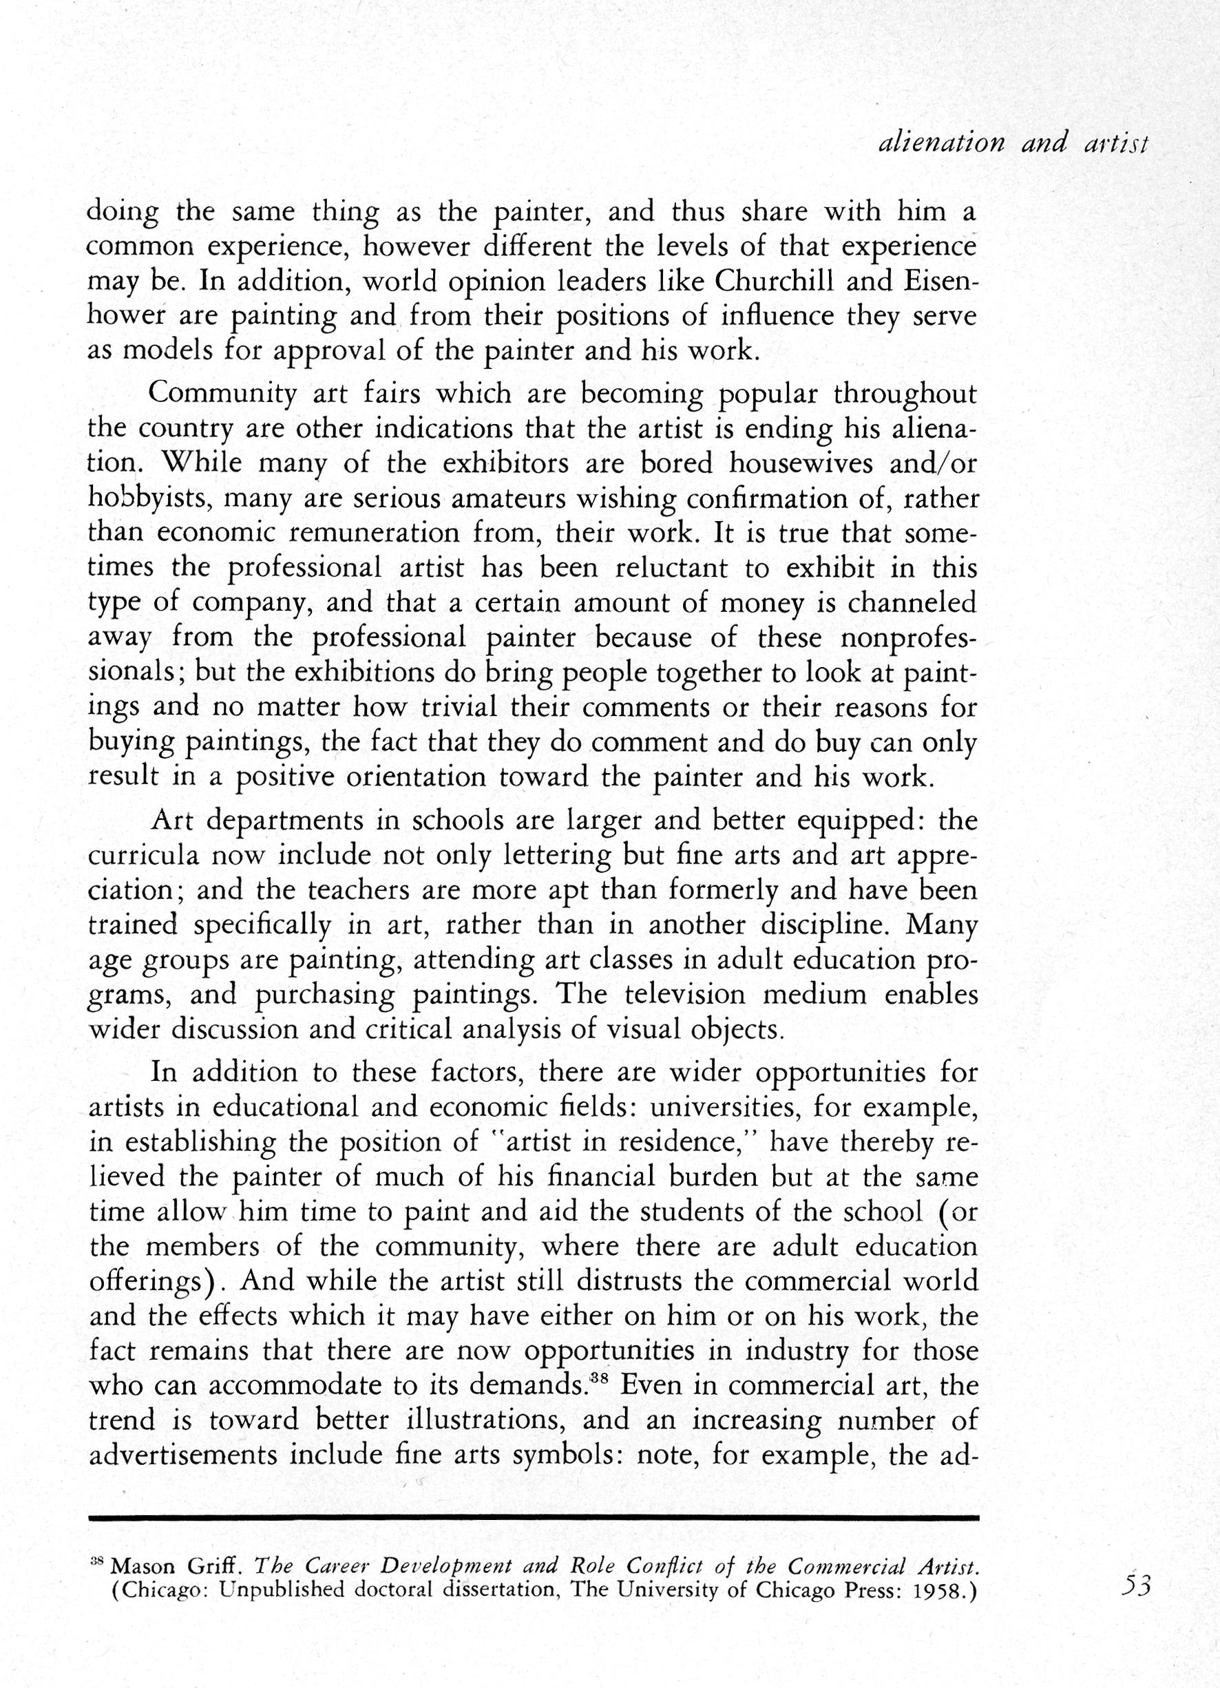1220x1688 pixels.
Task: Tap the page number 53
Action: [1137, 1585]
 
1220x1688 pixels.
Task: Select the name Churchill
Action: [790, 282]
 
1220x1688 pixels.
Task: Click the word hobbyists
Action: [151, 498]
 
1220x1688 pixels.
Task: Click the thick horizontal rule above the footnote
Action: [533, 1517]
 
